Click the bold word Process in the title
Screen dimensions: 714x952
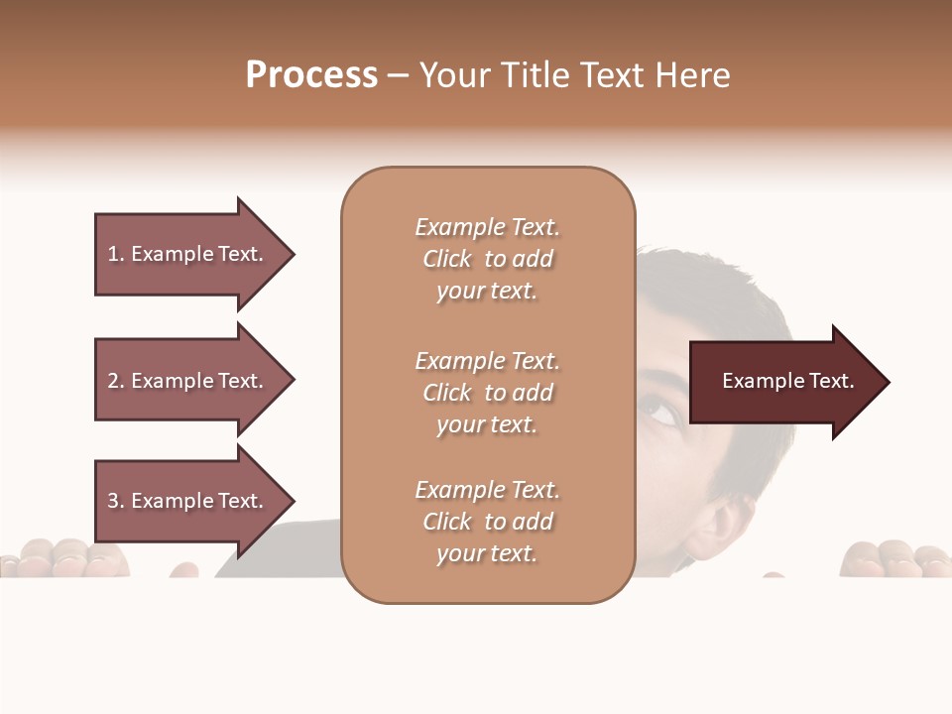[x=311, y=75]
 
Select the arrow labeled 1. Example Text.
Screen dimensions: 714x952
[x=188, y=254]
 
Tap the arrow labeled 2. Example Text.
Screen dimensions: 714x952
[x=188, y=381]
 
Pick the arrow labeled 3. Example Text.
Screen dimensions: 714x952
[x=188, y=501]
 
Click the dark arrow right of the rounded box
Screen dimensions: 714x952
[x=783, y=382]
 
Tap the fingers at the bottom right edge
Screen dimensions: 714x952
[x=892, y=558]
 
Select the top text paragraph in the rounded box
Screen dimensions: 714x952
[x=487, y=259]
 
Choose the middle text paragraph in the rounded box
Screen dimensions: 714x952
[x=487, y=393]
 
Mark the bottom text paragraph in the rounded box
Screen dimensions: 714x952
[x=487, y=522]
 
